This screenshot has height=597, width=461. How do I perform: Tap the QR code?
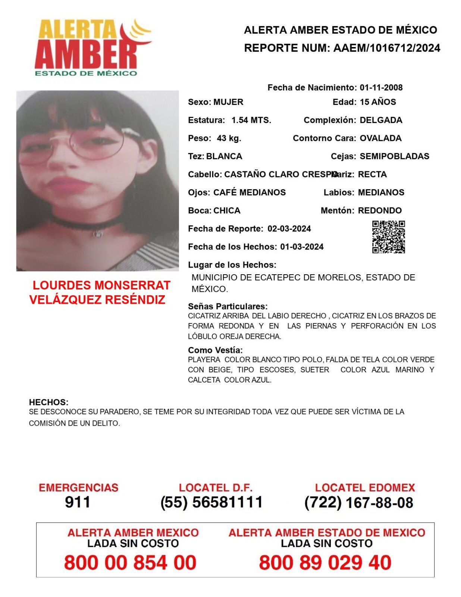(x=388, y=237)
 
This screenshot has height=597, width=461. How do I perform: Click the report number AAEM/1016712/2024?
(x=387, y=48)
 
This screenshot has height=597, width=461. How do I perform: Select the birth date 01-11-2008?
(x=381, y=88)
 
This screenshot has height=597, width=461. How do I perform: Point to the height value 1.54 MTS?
(x=251, y=120)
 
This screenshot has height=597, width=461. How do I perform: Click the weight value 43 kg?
(x=229, y=138)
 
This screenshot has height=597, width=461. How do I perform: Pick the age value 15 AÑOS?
(x=377, y=102)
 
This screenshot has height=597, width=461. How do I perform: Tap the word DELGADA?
(x=380, y=120)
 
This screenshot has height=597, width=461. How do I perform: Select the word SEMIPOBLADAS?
(x=394, y=156)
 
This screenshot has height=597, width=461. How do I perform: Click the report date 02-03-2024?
(x=289, y=229)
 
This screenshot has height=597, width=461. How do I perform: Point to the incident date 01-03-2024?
(x=302, y=247)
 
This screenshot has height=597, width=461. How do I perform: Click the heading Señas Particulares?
(x=228, y=306)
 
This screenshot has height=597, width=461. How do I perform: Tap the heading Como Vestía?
(x=215, y=350)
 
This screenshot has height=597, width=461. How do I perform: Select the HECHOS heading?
(x=48, y=402)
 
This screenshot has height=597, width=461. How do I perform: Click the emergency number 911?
(x=78, y=502)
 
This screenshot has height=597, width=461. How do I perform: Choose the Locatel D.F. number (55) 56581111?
(x=211, y=502)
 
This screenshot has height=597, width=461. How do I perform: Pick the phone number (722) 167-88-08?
(x=358, y=503)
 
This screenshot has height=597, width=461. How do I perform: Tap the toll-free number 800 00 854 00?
(x=130, y=562)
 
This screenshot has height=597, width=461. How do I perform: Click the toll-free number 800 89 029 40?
(x=325, y=562)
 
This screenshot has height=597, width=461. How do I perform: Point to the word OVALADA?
(x=380, y=138)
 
